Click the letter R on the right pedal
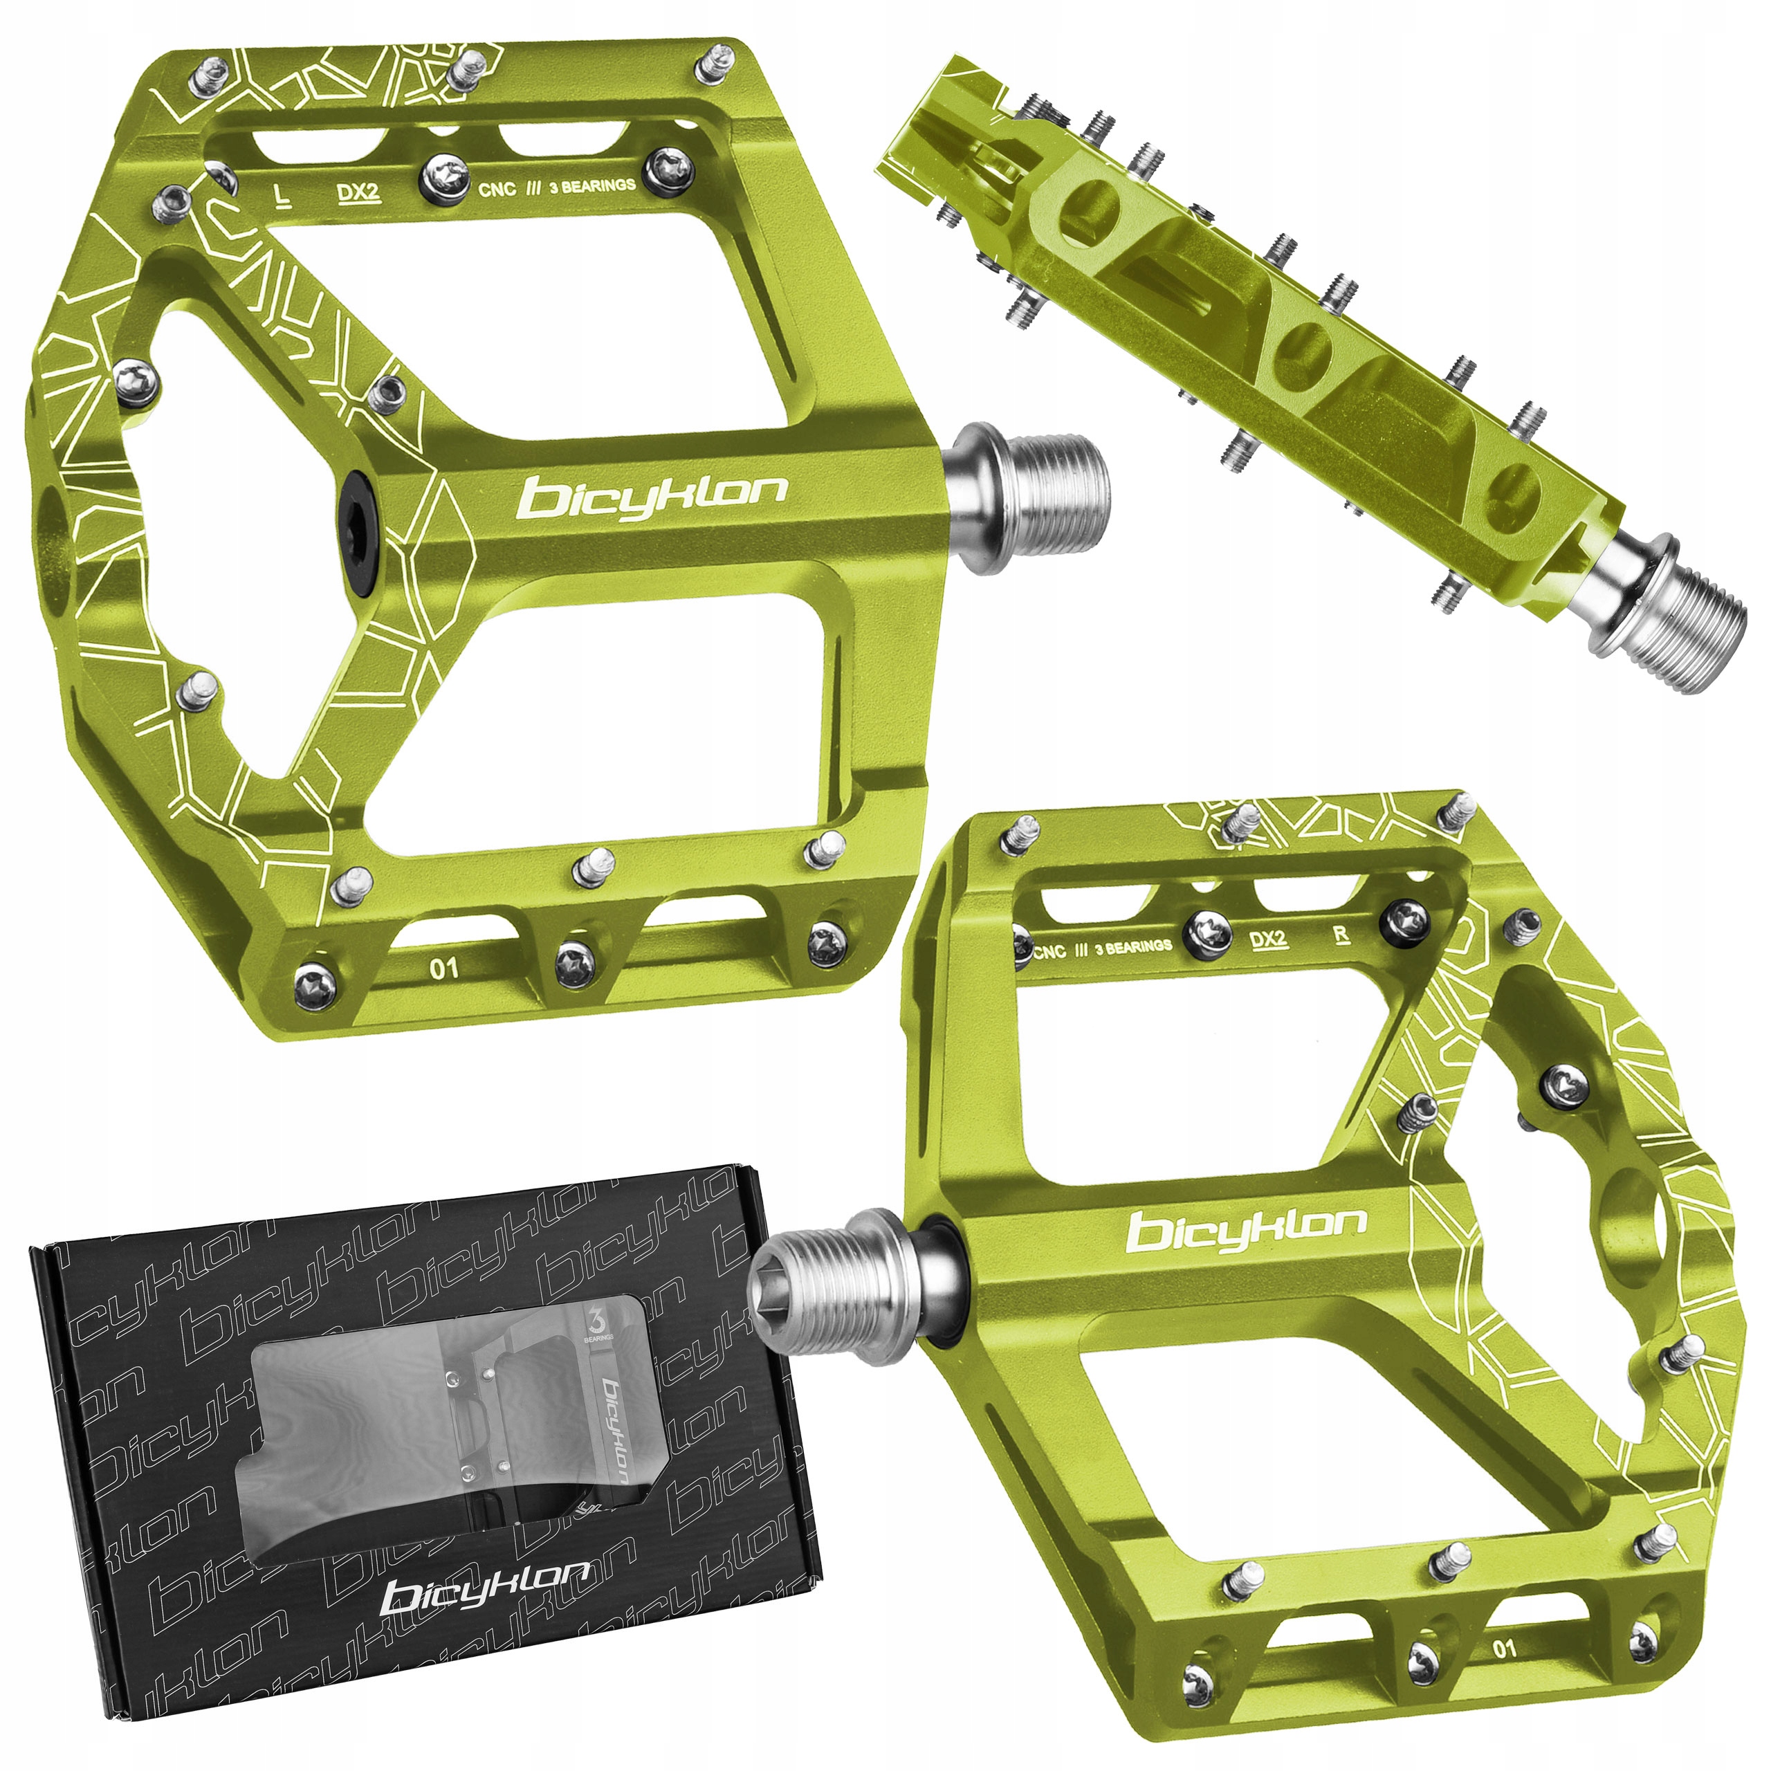coord(1342,937)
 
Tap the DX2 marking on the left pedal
coord(358,192)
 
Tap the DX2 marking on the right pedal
coord(1269,939)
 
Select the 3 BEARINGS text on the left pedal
coord(592,187)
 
